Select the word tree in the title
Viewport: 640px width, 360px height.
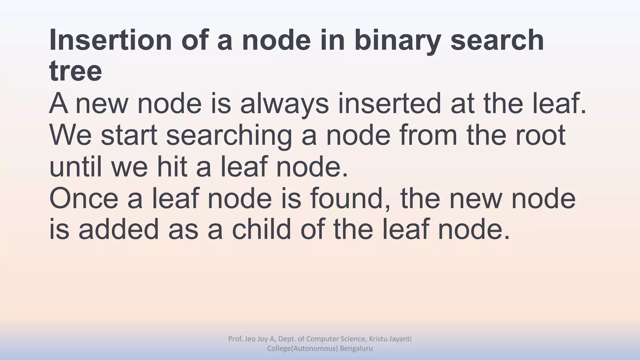tap(76, 71)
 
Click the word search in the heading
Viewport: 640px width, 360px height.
tap(497, 40)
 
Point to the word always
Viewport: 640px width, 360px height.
tap(284, 104)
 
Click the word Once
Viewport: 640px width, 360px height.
tap(84, 199)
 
